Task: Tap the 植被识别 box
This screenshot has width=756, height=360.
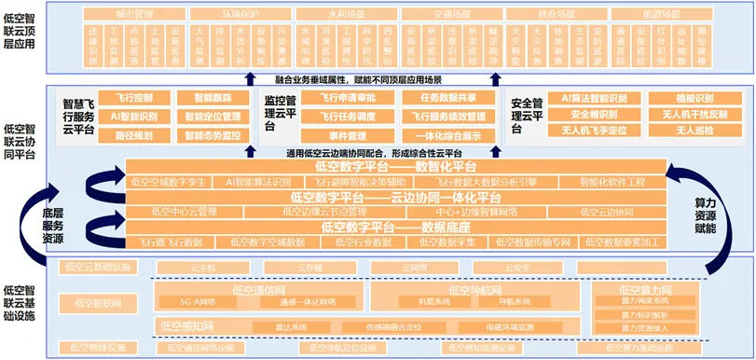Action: [692, 97]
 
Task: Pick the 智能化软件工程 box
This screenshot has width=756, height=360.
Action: [612, 182]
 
